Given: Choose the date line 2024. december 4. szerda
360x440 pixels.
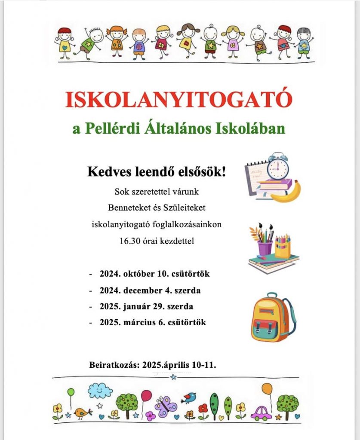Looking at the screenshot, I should (x=150, y=290).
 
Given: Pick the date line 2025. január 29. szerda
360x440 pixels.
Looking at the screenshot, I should (x=146, y=307).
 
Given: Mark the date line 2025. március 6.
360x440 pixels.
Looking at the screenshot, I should (x=153, y=322).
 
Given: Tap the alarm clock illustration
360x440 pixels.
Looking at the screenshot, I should (x=278, y=167).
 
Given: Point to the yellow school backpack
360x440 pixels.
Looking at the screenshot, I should (x=271, y=318).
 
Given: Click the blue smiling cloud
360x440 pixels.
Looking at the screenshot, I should (x=100, y=391).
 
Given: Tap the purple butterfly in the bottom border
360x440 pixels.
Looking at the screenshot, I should (x=166, y=406).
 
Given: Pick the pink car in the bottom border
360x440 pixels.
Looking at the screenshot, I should (x=261, y=413).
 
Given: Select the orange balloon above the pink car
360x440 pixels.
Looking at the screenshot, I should (x=267, y=389).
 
